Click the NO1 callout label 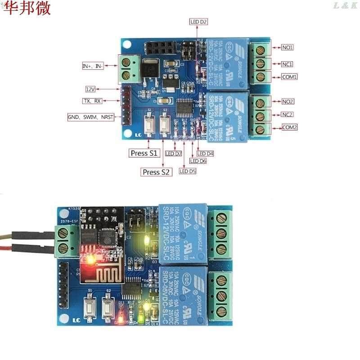point(288,47)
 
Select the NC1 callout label point(288,64)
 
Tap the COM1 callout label point(289,77)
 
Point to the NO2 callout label point(288,101)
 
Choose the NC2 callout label point(288,114)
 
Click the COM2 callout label point(289,127)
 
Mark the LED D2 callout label point(198,22)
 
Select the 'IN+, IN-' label point(93,66)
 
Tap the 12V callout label point(90,89)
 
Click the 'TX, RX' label point(92,101)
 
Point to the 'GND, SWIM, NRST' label point(90,117)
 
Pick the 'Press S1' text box point(144,153)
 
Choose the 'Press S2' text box point(157,172)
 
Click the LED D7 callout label point(174,154)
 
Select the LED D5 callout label point(188,171)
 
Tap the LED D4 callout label point(205,154)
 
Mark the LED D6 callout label point(198,161)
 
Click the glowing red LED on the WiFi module point(90,260)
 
